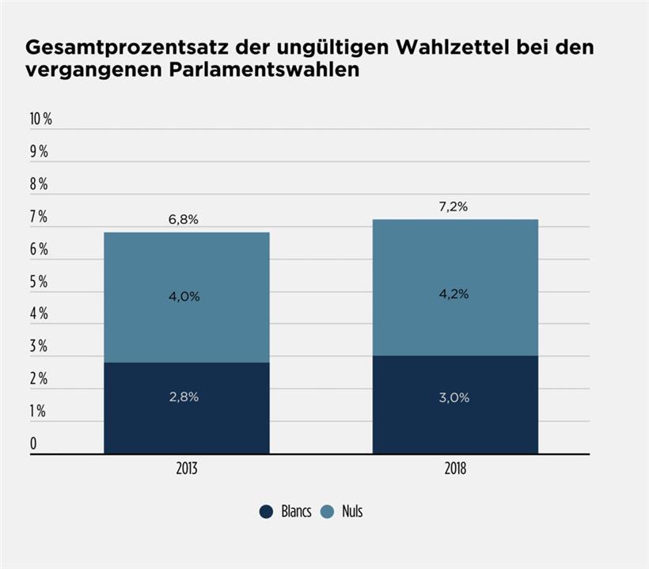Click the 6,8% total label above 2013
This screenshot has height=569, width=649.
(x=184, y=220)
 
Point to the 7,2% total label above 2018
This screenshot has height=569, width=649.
(x=453, y=207)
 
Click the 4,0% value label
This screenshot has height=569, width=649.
(x=184, y=297)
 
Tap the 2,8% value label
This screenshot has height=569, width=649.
(x=184, y=397)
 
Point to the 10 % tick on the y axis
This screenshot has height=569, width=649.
(x=40, y=119)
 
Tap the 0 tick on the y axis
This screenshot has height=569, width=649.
(x=33, y=444)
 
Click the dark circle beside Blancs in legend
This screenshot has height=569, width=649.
(x=267, y=511)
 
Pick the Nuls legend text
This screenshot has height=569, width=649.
(x=352, y=511)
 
